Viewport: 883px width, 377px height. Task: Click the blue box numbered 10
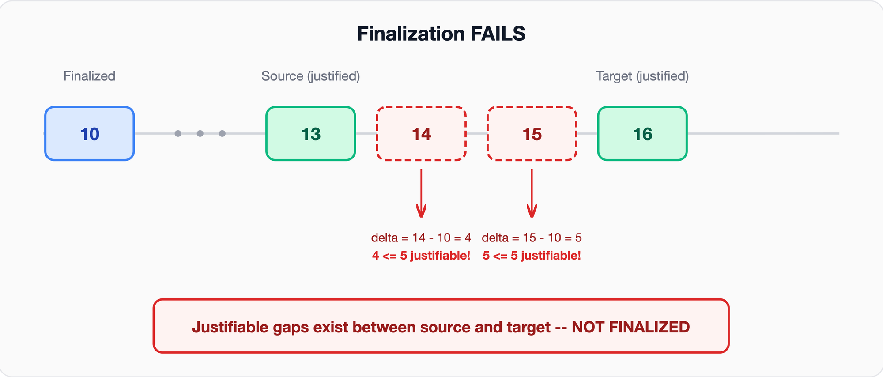coord(90,134)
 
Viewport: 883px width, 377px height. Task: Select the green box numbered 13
coord(311,134)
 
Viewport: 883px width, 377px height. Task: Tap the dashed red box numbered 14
coord(421,134)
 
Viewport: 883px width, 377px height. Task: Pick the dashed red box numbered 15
coord(532,134)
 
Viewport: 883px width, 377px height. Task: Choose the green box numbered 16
coord(642,134)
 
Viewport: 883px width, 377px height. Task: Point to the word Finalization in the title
coord(411,34)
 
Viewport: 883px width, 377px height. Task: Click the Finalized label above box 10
coord(89,76)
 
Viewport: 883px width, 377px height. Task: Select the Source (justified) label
coord(310,76)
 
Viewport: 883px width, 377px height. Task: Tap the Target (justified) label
coord(642,76)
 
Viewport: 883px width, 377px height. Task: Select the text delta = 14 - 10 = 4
coord(421,238)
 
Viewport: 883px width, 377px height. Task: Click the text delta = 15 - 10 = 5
coord(532,238)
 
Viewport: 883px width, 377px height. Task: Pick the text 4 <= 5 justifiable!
coord(421,256)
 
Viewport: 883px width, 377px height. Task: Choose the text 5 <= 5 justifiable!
coord(532,256)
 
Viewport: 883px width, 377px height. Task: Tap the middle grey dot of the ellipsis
coord(200,133)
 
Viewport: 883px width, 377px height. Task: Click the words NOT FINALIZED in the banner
coord(630,327)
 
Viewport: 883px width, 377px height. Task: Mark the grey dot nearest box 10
coord(178,133)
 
